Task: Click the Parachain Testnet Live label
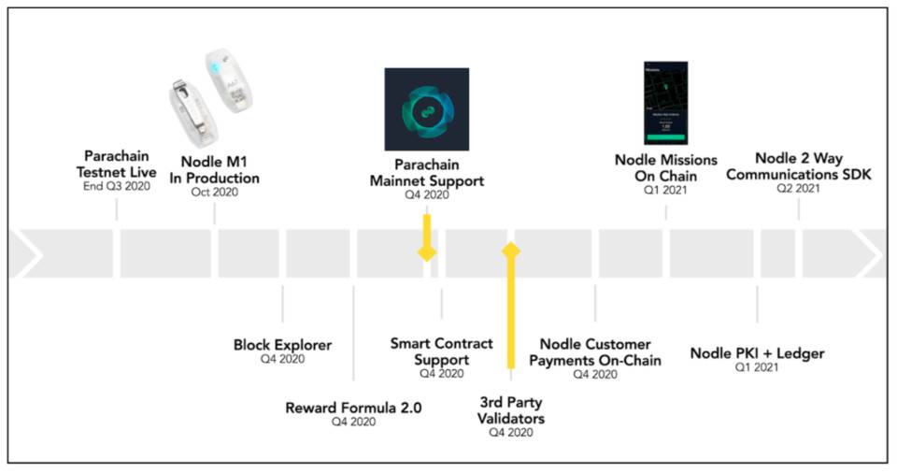(x=121, y=165)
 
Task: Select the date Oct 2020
(x=214, y=193)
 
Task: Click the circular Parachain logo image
(x=426, y=110)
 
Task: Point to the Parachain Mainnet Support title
(x=426, y=173)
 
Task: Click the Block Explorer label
(x=282, y=345)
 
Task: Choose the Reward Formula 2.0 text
(x=353, y=408)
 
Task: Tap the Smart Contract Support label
(x=441, y=351)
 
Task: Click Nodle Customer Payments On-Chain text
(x=594, y=352)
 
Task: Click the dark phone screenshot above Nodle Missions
(x=665, y=103)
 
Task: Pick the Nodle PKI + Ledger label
(x=757, y=353)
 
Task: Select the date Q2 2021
(x=798, y=189)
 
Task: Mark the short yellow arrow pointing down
(x=427, y=237)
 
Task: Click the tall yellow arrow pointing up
(x=510, y=308)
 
